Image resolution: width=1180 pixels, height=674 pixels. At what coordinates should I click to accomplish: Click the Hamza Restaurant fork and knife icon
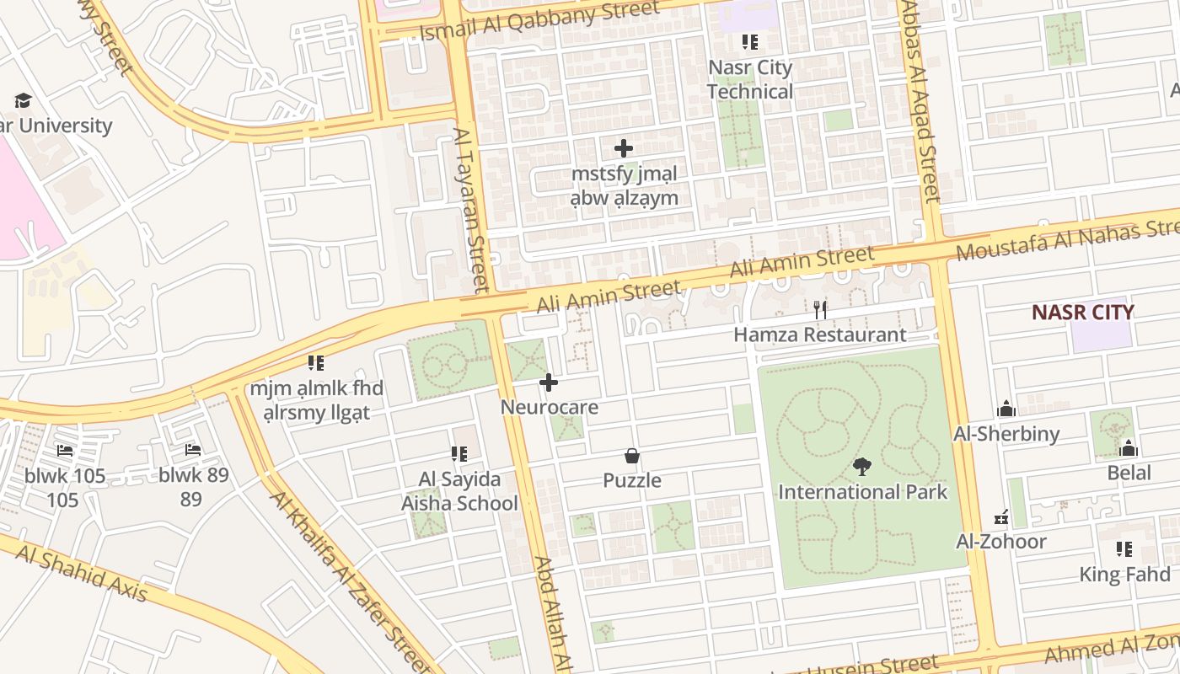coord(820,309)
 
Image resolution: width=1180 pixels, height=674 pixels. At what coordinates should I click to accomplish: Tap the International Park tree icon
coord(861,466)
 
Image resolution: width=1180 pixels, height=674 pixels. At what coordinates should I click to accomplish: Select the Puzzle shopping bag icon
coord(632,457)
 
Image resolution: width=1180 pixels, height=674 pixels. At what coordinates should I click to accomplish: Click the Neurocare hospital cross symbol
coord(549,383)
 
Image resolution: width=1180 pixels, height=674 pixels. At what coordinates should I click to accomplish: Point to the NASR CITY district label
coord(1083,312)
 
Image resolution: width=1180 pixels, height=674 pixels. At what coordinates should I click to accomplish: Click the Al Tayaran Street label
coord(471,208)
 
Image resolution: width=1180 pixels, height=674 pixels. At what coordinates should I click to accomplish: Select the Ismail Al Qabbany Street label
coord(539,22)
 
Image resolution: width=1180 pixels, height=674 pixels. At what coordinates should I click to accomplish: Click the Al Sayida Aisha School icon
coord(459,454)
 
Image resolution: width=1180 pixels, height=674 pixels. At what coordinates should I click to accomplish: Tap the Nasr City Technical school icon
coord(749,41)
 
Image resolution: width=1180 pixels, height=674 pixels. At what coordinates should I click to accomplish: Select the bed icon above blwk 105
coord(65,450)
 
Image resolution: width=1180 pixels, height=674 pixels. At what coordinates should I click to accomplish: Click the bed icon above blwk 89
coord(193,450)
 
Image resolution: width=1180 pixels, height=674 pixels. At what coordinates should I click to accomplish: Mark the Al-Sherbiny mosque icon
coord(1006,409)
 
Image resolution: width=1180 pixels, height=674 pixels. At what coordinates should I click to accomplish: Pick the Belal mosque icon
coord(1129,447)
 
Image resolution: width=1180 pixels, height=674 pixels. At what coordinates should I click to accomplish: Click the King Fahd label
coord(1125,575)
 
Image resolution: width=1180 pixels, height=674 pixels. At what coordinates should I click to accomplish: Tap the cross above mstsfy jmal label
coord(624,149)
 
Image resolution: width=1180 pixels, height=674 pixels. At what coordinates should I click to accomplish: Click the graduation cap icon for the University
coord(23,100)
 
